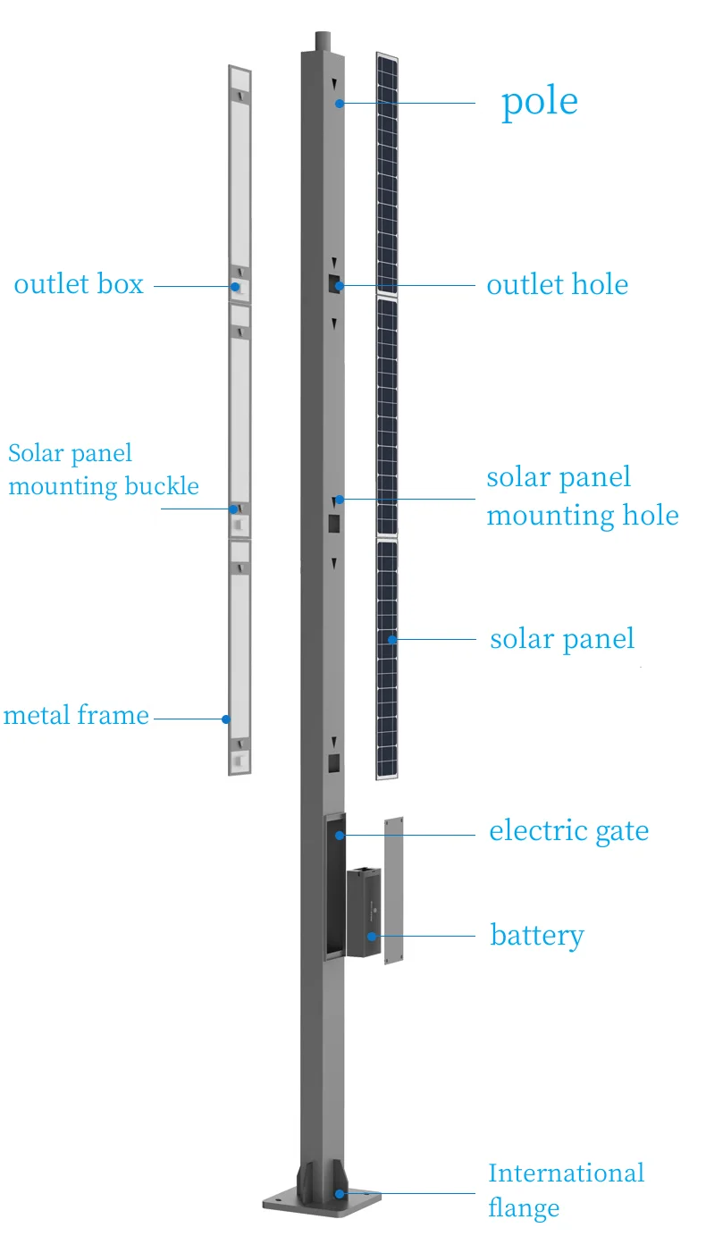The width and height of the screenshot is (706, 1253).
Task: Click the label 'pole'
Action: [x=539, y=102]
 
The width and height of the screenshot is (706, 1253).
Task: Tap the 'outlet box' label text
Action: [x=79, y=285]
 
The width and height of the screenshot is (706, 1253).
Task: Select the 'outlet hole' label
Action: [x=557, y=285]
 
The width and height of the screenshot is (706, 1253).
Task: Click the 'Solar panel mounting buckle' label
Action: [x=103, y=470]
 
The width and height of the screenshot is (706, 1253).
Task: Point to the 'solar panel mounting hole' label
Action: [x=582, y=497]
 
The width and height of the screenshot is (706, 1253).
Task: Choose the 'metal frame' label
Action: [x=76, y=716]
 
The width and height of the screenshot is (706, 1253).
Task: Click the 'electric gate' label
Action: [x=568, y=831]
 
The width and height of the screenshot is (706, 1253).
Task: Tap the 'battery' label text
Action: [x=537, y=936]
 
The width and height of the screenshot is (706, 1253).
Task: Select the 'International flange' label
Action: [x=566, y=1190]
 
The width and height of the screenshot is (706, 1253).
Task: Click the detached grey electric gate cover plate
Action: [x=394, y=890]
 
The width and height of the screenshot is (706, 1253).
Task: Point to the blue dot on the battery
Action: [x=372, y=937]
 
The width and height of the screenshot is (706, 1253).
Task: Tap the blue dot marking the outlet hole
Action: [x=340, y=286]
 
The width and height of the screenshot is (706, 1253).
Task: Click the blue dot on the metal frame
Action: [x=227, y=719]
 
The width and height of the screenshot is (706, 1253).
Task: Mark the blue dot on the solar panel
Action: [x=392, y=639]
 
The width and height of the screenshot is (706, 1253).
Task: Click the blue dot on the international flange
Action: [x=339, y=1193]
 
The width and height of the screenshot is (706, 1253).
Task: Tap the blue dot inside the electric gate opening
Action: [x=340, y=836]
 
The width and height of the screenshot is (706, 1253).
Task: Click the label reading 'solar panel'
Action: [x=562, y=640]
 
